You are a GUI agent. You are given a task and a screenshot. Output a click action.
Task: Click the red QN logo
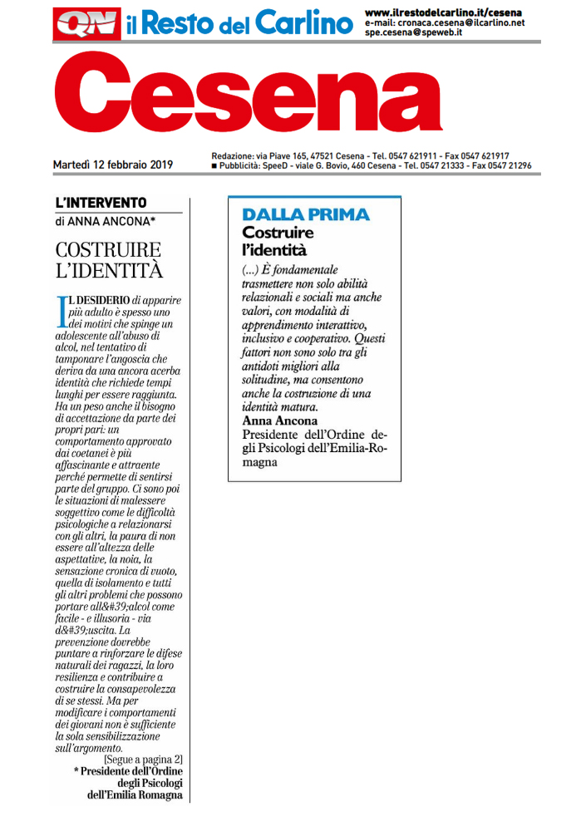point(81,24)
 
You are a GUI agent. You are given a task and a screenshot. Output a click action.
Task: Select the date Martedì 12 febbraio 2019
point(113,165)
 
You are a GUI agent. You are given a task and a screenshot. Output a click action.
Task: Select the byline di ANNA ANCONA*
point(104,221)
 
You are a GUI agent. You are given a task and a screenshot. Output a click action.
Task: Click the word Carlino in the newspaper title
point(303,25)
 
